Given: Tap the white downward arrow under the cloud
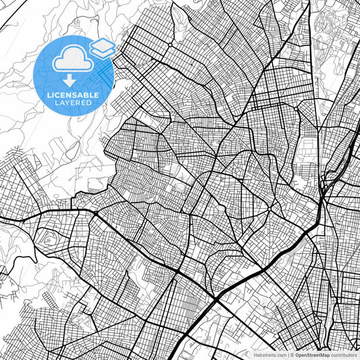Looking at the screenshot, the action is click(70, 80).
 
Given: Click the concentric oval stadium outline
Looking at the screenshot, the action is click(47, 240).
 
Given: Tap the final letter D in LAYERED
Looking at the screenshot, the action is click(91, 103).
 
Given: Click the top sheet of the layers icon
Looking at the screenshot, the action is click(102, 44).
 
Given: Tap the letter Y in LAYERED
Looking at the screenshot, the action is click(70, 103).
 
